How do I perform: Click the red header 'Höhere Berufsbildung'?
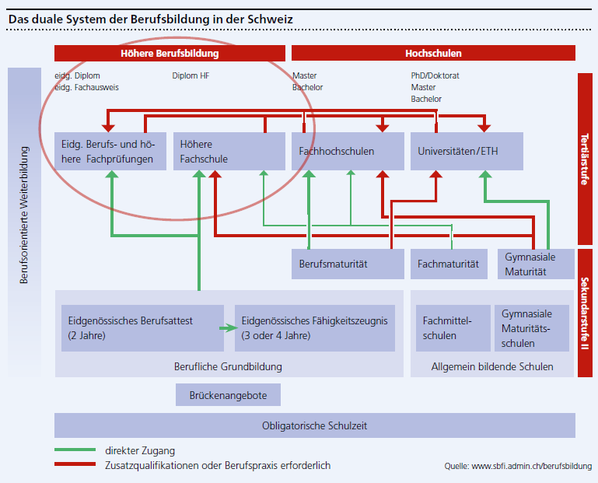(x=170, y=54)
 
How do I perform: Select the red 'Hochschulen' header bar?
(x=433, y=54)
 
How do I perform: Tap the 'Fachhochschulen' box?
(x=348, y=152)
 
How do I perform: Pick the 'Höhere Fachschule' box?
(x=229, y=152)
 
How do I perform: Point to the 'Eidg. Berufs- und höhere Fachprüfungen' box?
(x=110, y=152)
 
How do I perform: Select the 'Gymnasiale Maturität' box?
(x=536, y=264)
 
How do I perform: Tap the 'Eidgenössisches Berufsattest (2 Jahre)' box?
(x=140, y=328)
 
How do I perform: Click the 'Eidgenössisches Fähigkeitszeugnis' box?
(x=315, y=328)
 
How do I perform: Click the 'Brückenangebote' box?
(x=228, y=395)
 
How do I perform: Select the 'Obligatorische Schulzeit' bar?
(x=315, y=425)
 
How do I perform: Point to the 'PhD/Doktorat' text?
(x=435, y=76)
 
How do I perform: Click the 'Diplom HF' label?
(x=191, y=76)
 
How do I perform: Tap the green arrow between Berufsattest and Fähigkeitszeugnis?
(x=227, y=328)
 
